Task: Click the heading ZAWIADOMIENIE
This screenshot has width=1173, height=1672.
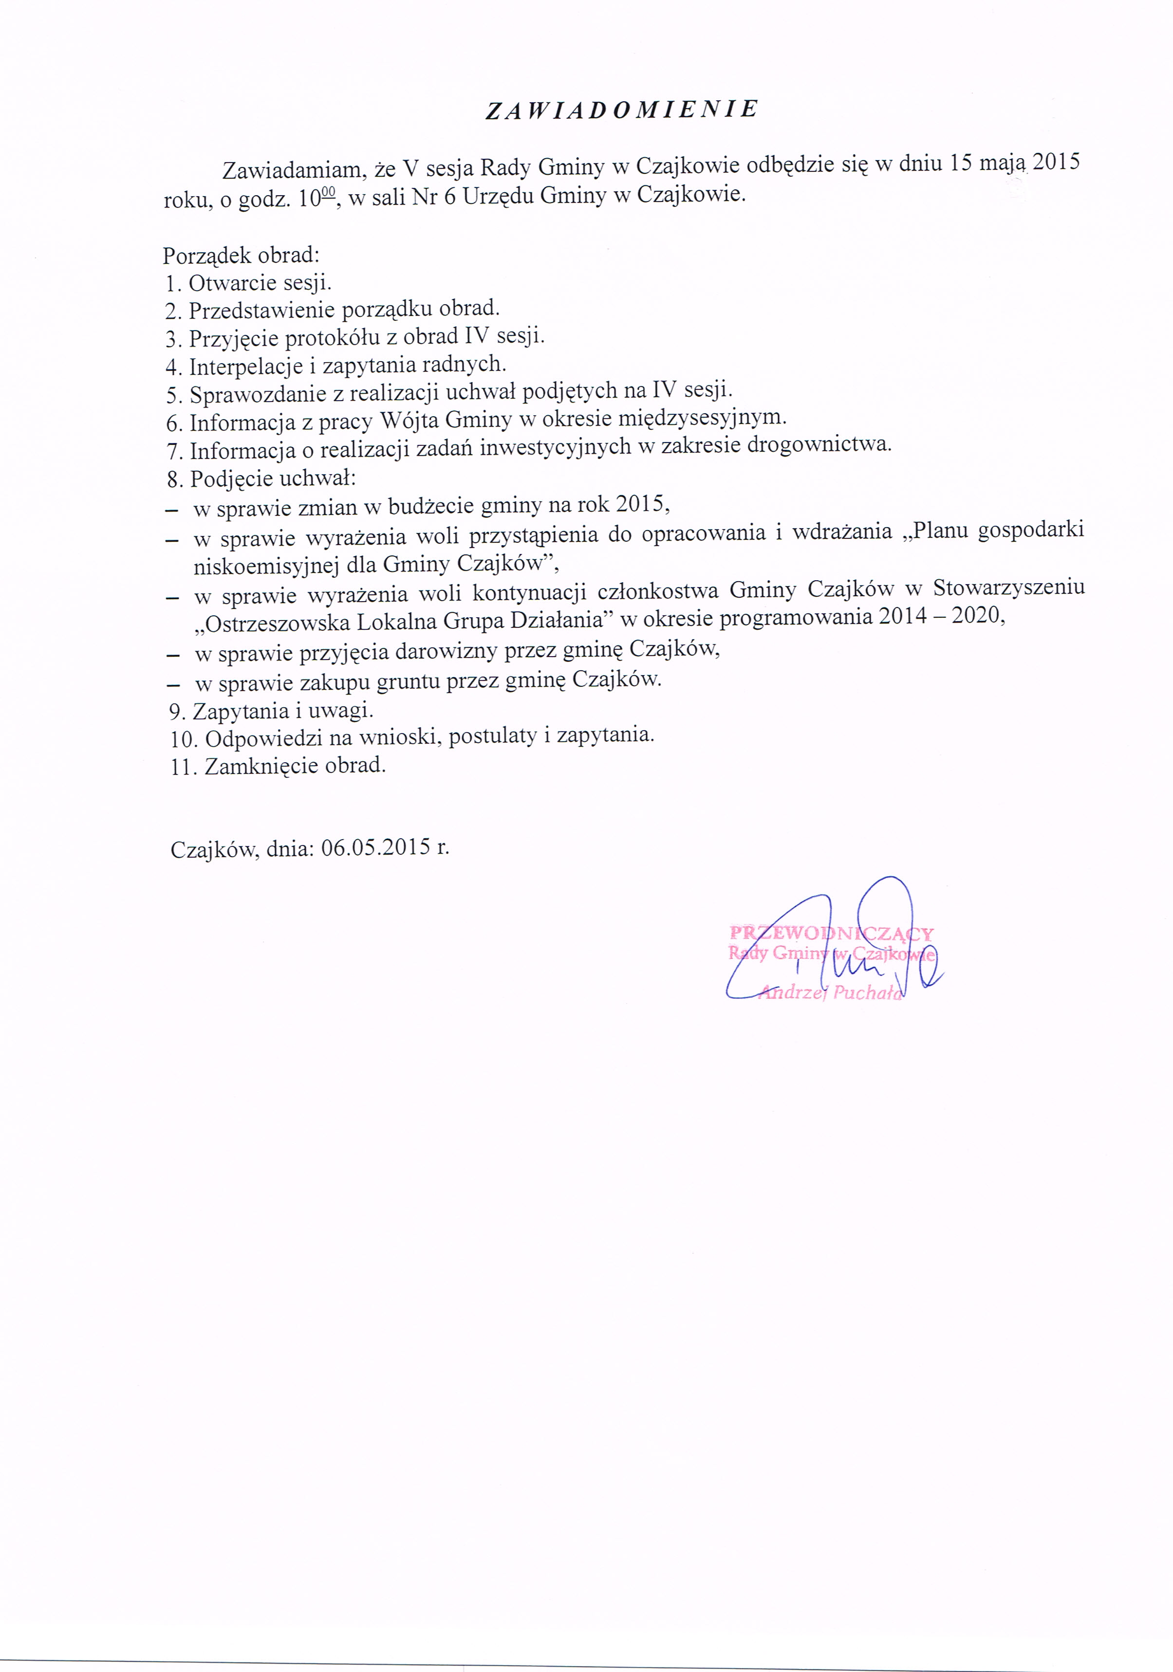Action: (621, 109)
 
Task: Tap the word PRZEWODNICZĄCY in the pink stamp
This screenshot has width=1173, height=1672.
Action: (831, 934)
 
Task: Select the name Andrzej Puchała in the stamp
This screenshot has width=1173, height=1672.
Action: (831, 992)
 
